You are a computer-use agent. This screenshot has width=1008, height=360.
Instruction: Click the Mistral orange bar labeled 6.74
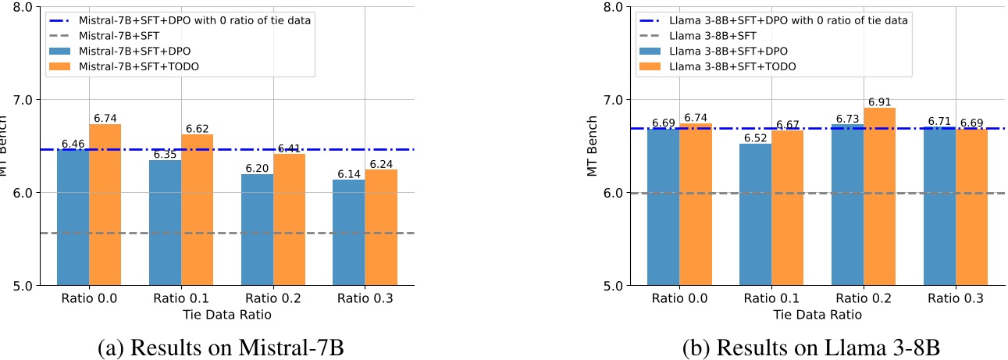[105, 205]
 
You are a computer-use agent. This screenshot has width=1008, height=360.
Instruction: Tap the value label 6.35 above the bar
[165, 154]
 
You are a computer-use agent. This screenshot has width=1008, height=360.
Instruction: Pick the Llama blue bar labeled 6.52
[756, 214]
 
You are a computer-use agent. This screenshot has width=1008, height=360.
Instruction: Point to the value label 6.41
[289, 148]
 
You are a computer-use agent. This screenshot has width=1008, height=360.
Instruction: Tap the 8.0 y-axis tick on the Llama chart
[614, 8]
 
